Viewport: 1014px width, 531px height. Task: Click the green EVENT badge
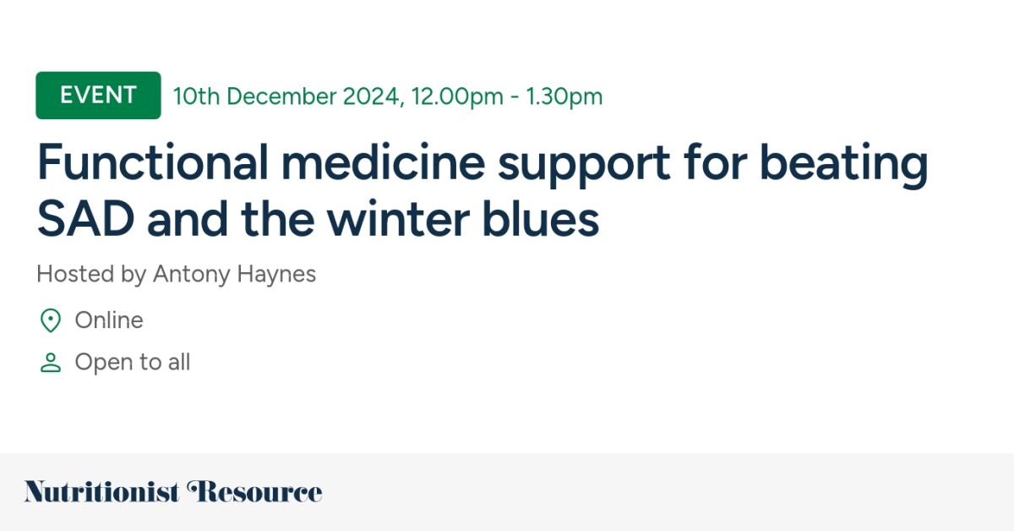click(x=98, y=96)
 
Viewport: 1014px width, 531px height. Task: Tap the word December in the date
click(x=281, y=96)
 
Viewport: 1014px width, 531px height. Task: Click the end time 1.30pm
click(x=564, y=96)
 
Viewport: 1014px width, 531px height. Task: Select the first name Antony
click(x=188, y=275)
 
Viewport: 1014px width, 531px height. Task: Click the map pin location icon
click(x=51, y=320)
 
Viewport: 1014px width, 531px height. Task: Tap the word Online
click(x=109, y=320)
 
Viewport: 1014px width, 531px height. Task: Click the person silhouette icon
click(x=51, y=363)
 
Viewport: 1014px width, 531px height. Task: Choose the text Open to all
click(x=133, y=363)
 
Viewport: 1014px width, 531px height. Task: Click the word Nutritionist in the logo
click(x=102, y=491)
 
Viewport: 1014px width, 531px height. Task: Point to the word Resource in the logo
click(x=254, y=491)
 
